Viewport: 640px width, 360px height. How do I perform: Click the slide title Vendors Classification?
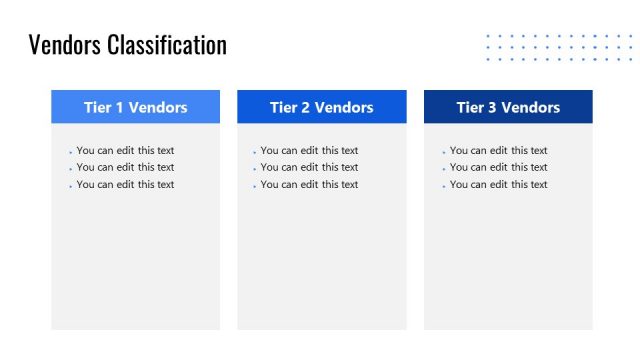pyautogui.click(x=128, y=45)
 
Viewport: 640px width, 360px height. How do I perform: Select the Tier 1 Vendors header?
pyautogui.click(x=136, y=107)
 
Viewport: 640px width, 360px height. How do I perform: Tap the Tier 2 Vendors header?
pyautogui.click(x=321, y=107)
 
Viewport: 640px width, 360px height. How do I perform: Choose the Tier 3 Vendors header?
pyautogui.click(x=508, y=107)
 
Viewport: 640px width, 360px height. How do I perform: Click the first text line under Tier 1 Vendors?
pyautogui.click(x=125, y=151)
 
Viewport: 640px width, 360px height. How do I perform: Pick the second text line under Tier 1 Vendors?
pyautogui.click(x=125, y=168)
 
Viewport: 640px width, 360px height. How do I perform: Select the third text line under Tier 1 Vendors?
pyautogui.click(x=125, y=185)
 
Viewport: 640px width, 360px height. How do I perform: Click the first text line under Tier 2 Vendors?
pyautogui.click(x=309, y=151)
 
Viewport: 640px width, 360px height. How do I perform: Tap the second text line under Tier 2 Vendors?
pyautogui.click(x=309, y=168)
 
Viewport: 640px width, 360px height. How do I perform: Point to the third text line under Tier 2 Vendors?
pyautogui.click(x=309, y=185)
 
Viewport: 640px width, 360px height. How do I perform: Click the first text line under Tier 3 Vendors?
pyautogui.click(x=498, y=151)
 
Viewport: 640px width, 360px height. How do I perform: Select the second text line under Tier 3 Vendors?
pyautogui.click(x=498, y=168)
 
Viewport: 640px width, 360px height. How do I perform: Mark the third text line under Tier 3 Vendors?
pyautogui.click(x=498, y=185)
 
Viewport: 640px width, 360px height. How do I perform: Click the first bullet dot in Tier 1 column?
pyautogui.click(x=70, y=153)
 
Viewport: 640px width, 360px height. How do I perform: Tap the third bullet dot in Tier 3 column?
pyautogui.click(x=443, y=187)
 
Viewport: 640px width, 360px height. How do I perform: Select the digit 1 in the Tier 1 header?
pyautogui.click(x=118, y=108)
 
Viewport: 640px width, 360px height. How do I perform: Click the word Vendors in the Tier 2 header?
pyautogui.click(x=344, y=108)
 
